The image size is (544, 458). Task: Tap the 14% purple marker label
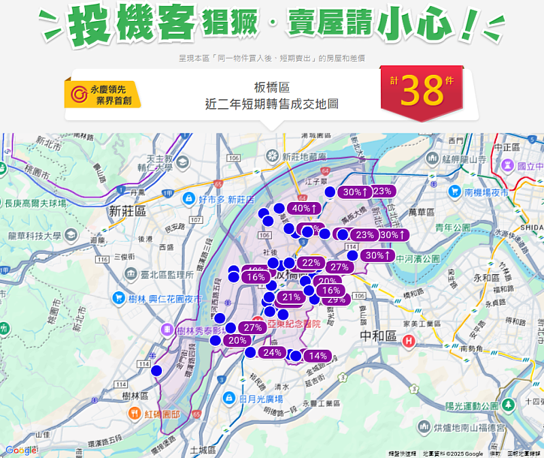coord(318,356)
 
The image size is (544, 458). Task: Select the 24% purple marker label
coord(272,353)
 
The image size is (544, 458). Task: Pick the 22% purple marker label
coord(311,263)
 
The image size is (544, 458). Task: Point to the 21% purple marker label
coord(292,297)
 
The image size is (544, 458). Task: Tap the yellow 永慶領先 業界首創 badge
coord(103,95)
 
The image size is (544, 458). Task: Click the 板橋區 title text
coord(271,88)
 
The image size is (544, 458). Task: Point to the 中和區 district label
coord(377,336)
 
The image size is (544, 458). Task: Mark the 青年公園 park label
coord(454,227)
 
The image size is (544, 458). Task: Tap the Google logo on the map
coord(20,450)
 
